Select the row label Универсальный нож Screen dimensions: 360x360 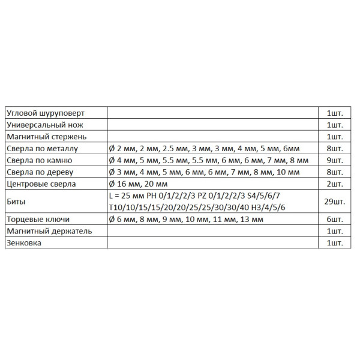click(x=44, y=125)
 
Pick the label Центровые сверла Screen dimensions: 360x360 click(x=41, y=184)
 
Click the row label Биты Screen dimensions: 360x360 click(x=16, y=202)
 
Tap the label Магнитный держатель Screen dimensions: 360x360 click(x=49, y=231)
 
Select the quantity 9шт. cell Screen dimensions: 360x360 click(x=334, y=160)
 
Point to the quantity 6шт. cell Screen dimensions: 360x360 click(x=334, y=220)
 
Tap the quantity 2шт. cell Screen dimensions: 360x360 click(x=334, y=184)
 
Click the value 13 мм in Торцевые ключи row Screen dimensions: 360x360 click(x=251, y=220)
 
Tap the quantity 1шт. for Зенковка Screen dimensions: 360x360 click(x=334, y=243)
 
